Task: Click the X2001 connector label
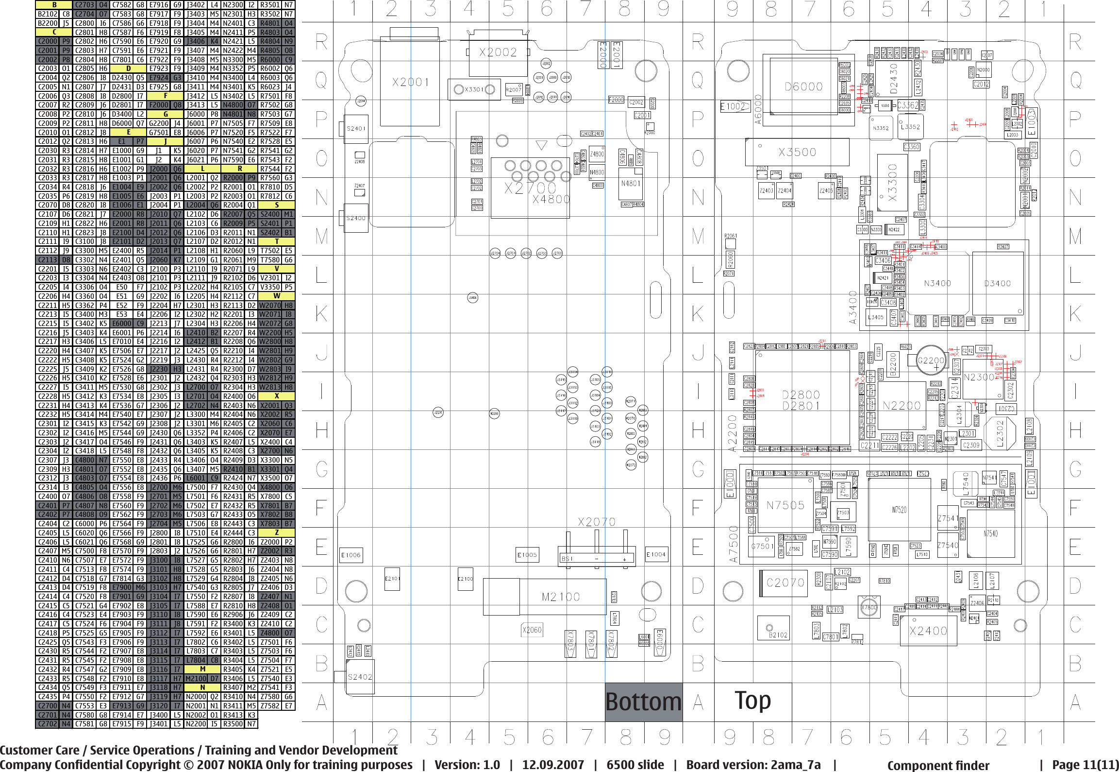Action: tap(410, 82)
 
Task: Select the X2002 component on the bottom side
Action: tap(498, 52)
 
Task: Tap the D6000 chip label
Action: tap(803, 87)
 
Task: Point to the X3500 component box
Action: tap(797, 152)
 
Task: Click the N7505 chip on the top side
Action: tap(785, 505)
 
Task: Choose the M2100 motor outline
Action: tap(561, 597)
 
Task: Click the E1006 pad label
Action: tap(351, 555)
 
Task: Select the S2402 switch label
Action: tap(360, 677)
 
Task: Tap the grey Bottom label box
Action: tap(643, 702)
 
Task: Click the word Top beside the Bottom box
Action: tap(752, 701)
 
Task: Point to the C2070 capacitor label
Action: tap(785, 583)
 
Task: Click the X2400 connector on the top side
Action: tap(928, 631)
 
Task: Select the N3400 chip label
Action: tap(937, 283)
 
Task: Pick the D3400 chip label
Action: tap(997, 283)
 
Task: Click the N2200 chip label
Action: tap(902, 406)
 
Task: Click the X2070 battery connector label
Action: tap(597, 522)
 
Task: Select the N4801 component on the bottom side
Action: tap(631, 183)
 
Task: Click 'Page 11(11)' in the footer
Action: tap(1085, 764)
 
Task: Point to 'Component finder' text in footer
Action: tap(938, 765)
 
